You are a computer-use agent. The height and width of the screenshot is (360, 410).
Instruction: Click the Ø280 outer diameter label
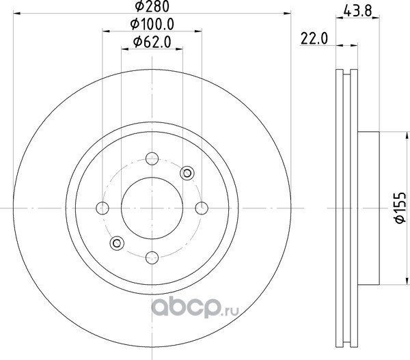click(x=152, y=6)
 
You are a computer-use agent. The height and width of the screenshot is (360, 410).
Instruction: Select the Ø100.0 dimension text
click(x=152, y=25)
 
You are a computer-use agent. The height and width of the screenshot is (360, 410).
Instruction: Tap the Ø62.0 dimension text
click(x=152, y=42)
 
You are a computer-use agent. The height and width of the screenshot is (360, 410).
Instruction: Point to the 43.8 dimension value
click(x=357, y=11)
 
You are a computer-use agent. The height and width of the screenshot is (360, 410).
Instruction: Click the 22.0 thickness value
click(x=314, y=39)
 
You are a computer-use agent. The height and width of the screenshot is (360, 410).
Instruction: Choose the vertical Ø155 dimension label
click(x=400, y=208)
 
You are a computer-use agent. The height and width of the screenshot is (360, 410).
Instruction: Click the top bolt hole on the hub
click(x=152, y=158)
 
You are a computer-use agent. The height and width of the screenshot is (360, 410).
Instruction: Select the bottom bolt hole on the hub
click(x=152, y=258)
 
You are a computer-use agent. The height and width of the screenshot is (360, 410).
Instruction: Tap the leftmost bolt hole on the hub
click(x=102, y=208)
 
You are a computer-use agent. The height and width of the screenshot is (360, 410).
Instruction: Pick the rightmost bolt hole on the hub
click(x=202, y=208)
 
